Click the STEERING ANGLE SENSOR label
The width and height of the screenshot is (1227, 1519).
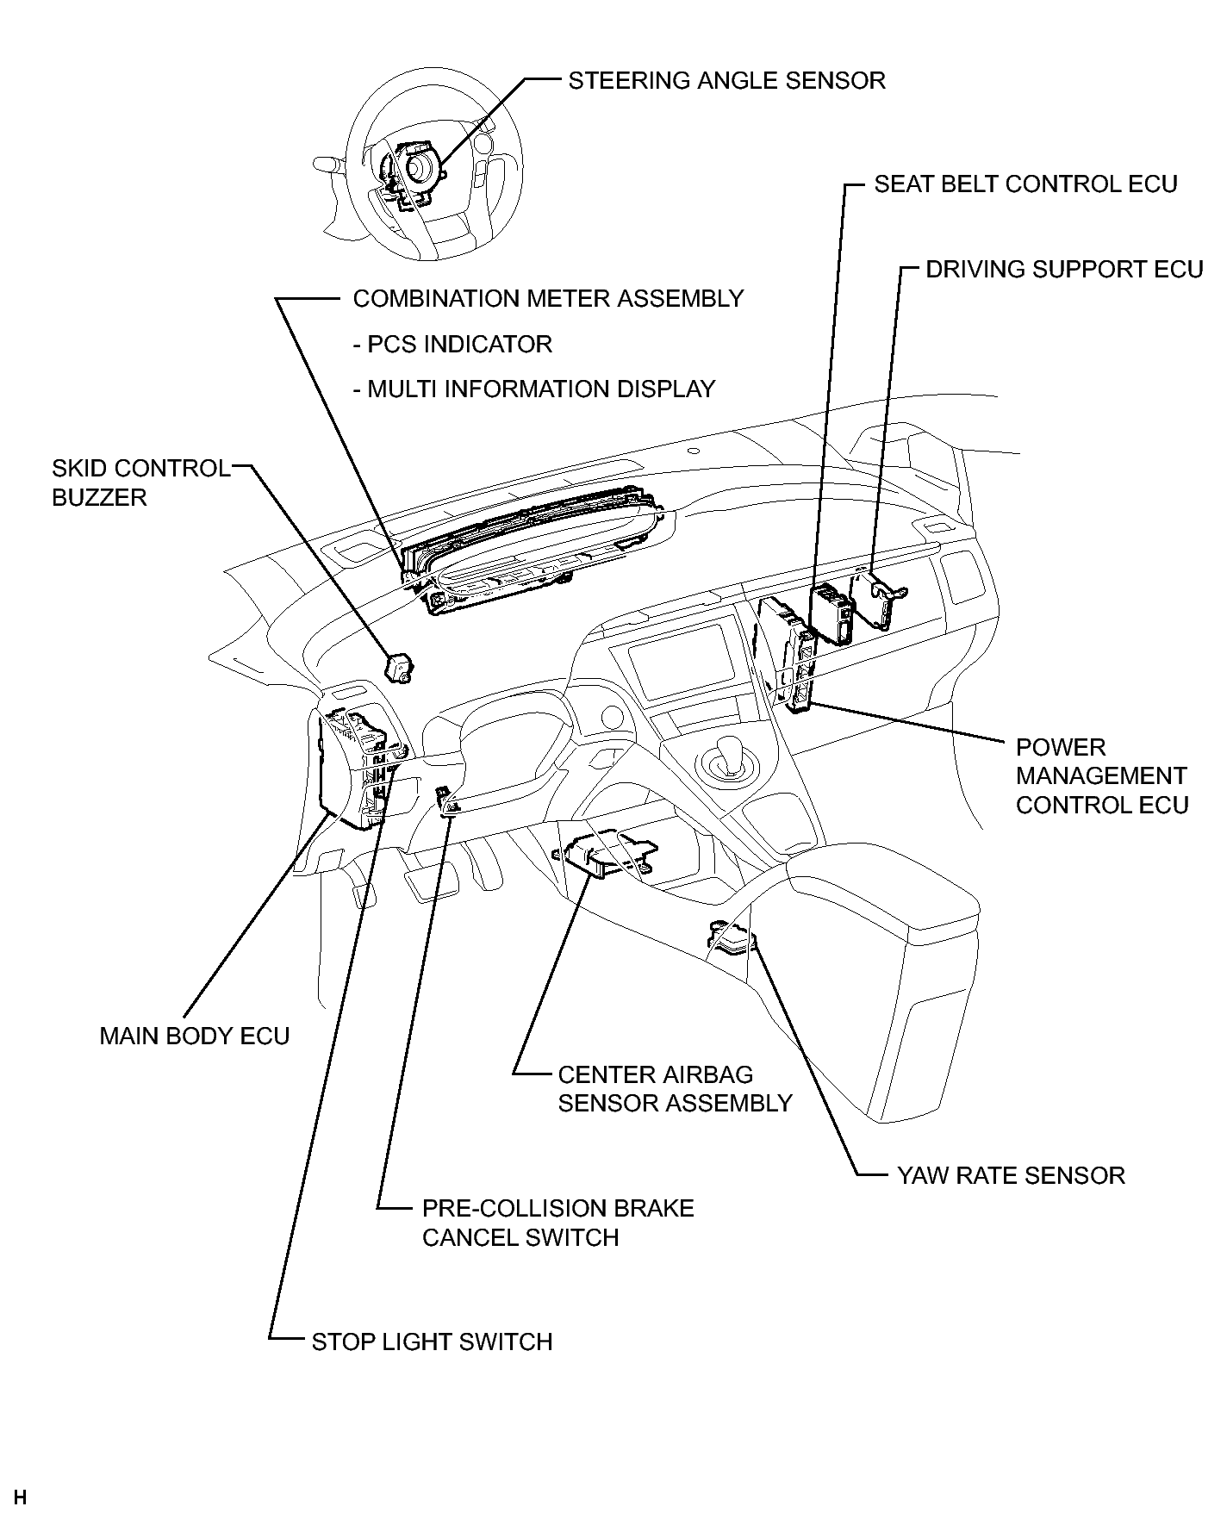726,81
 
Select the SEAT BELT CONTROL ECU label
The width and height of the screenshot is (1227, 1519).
1025,184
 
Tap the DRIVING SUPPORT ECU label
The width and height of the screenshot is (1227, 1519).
1064,270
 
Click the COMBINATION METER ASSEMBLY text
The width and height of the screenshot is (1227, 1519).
548,299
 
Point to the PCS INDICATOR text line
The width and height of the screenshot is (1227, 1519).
452,345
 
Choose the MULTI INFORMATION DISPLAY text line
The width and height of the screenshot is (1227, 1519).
534,389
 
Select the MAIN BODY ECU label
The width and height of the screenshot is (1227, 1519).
195,1036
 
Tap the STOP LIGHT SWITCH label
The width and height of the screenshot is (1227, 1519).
432,1342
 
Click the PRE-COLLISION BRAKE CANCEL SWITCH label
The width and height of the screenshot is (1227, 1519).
557,1223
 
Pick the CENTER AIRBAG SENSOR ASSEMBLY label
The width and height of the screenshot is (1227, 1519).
675,1089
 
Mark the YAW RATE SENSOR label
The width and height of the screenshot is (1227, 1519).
1011,1176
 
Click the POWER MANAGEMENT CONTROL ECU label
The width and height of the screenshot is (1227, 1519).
1101,776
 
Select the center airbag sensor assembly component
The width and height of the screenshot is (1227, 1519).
603,854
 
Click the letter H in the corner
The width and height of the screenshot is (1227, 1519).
21,1497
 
